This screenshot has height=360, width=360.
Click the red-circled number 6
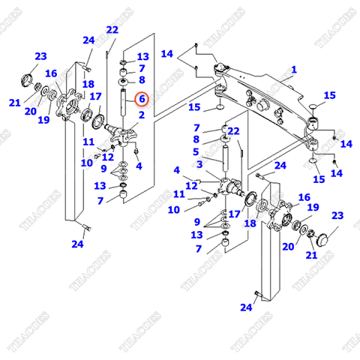(x=140, y=97)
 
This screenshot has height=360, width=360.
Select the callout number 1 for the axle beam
(x=294, y=70)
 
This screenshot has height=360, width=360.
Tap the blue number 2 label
(x=140, y=115)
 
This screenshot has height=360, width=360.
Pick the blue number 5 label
(x=197, y=151)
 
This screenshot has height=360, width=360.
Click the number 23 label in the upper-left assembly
(x=40, y=56)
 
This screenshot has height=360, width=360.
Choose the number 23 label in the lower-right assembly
(x=337, y=216)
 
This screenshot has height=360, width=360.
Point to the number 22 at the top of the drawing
(x=112, y=30)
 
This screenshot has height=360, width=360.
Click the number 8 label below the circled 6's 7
(x=141, y=80)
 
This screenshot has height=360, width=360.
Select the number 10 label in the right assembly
(x=173, y=210)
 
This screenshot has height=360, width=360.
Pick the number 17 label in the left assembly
(x=95, y=97)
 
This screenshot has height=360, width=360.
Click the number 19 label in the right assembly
(x=313, y=208)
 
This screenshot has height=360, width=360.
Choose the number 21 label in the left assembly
(x=15, y=103)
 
